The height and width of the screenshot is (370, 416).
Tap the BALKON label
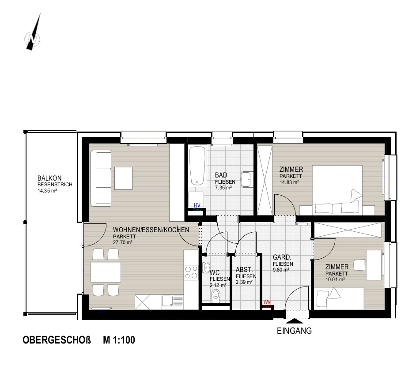49,178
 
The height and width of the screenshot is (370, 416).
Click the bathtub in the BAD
197,166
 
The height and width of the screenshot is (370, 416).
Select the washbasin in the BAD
247,179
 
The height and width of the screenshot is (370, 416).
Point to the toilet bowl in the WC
216,295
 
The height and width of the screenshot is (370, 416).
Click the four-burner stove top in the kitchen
191,272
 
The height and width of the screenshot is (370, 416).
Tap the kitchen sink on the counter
167,301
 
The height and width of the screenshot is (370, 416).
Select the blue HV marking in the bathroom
197,205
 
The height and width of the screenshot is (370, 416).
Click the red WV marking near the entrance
267,302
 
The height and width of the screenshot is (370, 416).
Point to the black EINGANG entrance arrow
294,321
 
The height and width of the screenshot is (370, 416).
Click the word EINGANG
294,331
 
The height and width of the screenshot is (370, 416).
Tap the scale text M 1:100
119,340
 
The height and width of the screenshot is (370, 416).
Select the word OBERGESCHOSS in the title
57,340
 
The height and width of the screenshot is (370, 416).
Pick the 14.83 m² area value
289,182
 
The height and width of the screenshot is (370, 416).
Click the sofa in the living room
101,178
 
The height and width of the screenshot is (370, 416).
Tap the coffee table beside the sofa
123,178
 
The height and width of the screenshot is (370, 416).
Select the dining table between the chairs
106,272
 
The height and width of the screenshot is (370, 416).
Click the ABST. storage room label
244,269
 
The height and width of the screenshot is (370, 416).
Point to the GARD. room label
282,257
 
